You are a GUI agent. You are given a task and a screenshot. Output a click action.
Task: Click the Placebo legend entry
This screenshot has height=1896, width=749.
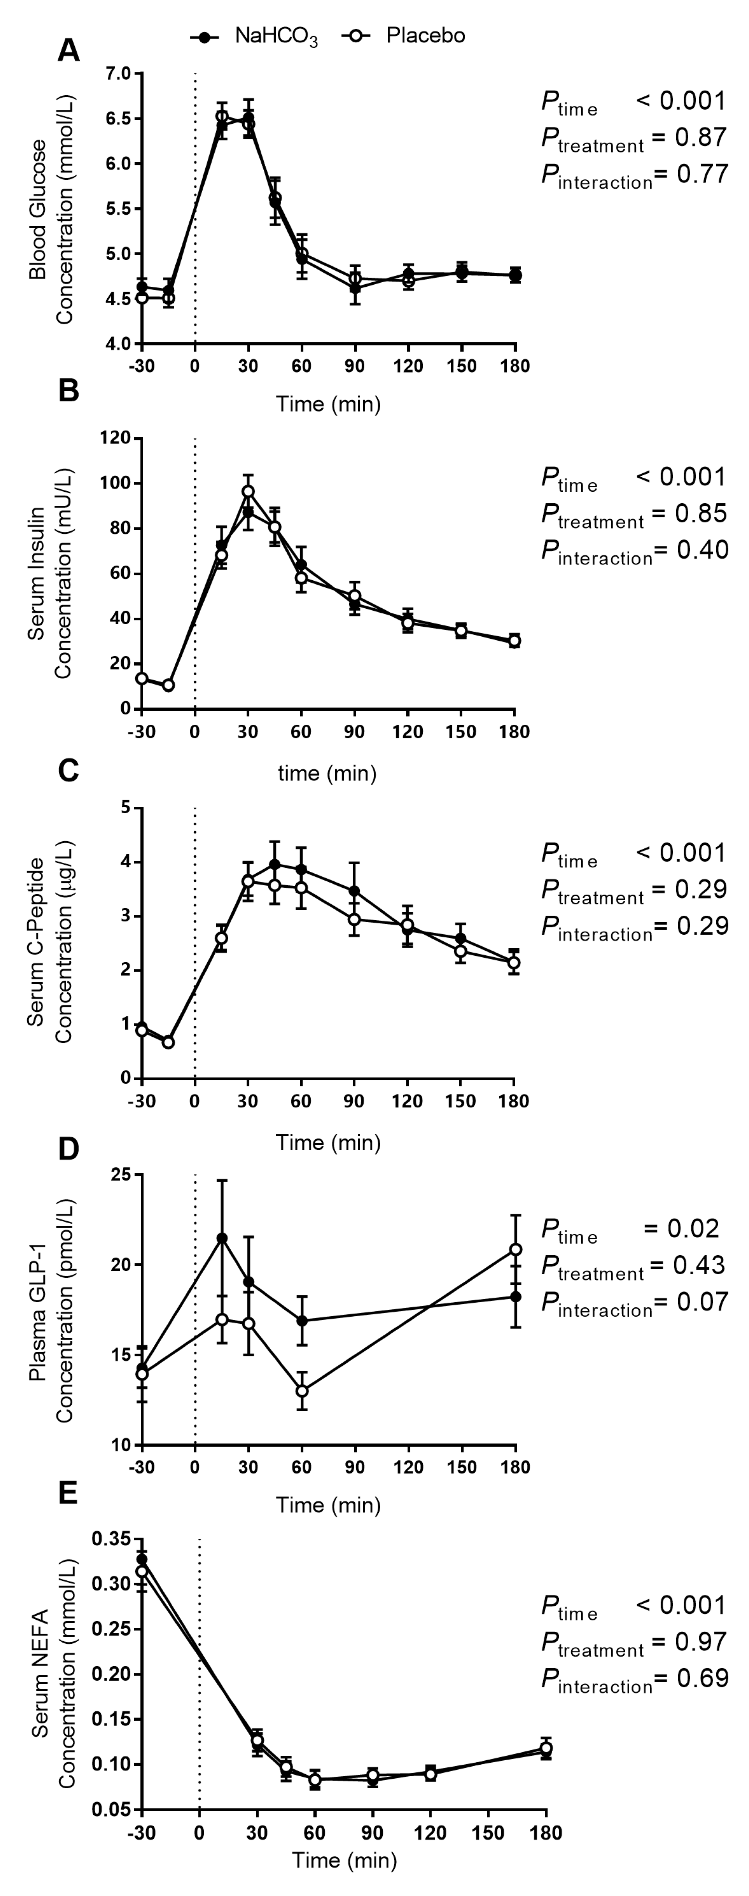(x=405, y=35)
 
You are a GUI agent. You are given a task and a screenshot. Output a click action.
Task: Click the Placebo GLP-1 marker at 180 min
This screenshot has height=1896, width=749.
(x=516, y=1250)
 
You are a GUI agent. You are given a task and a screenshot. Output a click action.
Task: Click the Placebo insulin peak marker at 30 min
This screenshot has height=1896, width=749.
(x=249, y=491)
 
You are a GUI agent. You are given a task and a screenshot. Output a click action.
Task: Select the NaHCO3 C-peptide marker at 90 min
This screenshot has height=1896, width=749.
(x=355, y=891)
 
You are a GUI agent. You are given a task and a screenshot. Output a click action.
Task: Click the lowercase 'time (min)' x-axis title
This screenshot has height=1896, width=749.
(x=327, y=773)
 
